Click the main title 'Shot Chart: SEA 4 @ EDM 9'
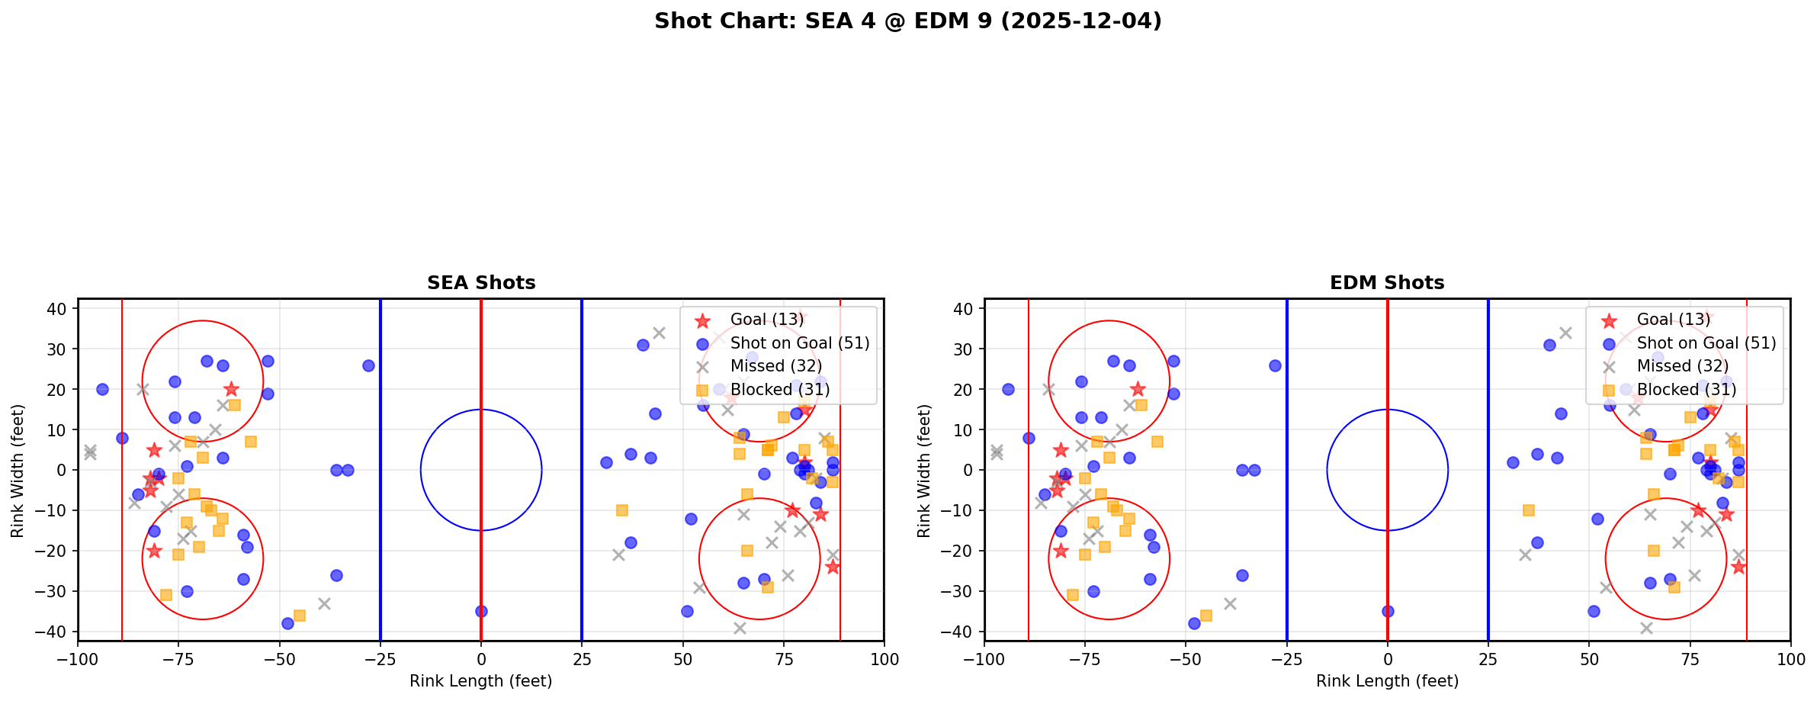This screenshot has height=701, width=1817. pos(907,21)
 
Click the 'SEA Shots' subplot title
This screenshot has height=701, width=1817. pos(481,283)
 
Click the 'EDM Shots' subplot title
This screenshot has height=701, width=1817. pos(1387,283)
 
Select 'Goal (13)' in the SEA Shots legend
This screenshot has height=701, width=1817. pos(766,320)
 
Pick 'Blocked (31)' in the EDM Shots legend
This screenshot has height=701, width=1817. pos(1686,390)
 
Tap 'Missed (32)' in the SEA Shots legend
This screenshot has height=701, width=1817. pos(775,366)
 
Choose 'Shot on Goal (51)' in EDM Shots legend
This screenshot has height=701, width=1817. pos(1706,343)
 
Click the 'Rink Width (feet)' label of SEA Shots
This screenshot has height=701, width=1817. pos(18,471)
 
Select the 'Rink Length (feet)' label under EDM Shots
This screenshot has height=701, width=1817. pos(1387,681)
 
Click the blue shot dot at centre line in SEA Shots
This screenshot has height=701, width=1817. pos(481,611)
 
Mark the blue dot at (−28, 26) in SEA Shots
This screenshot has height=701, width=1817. pos(368,365)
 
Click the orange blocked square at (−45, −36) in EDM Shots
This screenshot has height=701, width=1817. pos(1206,615)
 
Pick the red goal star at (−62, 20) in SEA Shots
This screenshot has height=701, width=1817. pos(231,390)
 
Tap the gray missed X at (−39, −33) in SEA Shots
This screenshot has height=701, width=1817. pos(324,603)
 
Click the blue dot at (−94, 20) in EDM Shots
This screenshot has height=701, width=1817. pos(1009,389)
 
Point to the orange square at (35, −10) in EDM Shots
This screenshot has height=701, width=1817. pos(1528,510)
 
